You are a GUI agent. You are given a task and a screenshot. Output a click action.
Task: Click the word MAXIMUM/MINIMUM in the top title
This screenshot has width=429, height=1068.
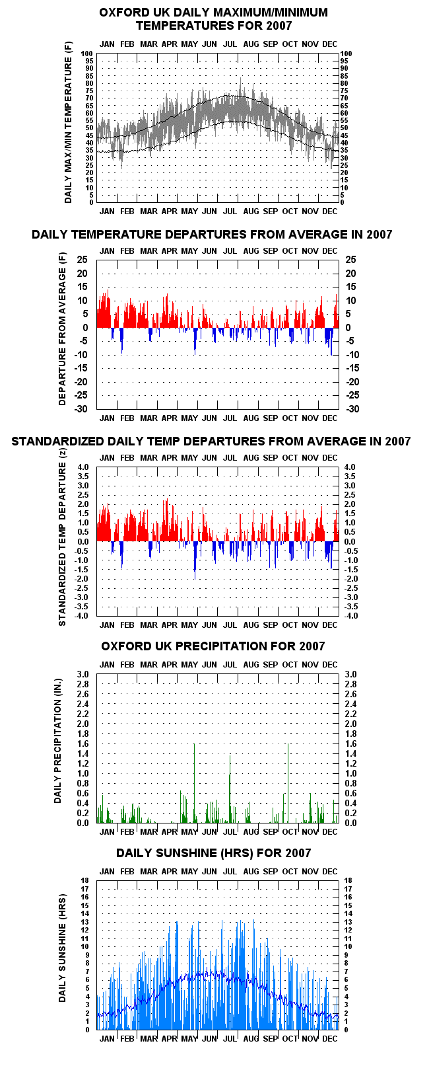(264, 13)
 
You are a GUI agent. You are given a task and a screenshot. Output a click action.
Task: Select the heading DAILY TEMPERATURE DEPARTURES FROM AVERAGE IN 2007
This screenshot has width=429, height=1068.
(212, 235)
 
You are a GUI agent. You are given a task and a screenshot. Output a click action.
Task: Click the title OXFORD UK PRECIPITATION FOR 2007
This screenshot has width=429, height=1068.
(213, 646)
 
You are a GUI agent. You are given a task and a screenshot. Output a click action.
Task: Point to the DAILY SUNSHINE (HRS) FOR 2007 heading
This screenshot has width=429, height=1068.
(213, 853)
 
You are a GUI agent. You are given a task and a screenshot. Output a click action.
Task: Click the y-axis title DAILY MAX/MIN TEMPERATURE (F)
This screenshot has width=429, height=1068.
(69, 122)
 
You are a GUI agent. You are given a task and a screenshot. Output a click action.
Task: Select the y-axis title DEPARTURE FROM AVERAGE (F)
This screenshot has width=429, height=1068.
(63, 329)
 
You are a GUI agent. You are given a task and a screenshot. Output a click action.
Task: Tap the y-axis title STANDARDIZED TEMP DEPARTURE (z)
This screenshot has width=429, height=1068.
(63, 537)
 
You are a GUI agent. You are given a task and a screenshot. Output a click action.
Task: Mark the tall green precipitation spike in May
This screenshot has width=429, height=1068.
(194, 783)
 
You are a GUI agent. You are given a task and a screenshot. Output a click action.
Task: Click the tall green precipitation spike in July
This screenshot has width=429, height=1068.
(230, 788)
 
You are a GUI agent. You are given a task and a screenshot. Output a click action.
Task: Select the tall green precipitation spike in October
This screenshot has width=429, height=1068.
(288, 783)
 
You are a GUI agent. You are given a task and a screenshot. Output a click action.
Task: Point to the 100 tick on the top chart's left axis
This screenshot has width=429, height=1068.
(87, 54)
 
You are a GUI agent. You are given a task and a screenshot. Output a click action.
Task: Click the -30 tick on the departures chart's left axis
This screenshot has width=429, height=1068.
(81, 409)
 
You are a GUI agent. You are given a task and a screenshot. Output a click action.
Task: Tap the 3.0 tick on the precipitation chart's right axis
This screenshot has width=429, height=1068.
(350, 674)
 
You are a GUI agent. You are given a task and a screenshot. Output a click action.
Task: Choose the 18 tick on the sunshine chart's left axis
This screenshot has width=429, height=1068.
(84, 880)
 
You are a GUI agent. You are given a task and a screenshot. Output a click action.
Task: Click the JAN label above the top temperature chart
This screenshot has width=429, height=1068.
(107, 44)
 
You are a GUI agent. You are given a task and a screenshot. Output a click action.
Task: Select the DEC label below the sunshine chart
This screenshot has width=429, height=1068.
(329, 1038)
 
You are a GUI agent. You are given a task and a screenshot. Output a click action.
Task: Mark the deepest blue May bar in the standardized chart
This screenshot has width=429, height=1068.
(195, 560)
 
